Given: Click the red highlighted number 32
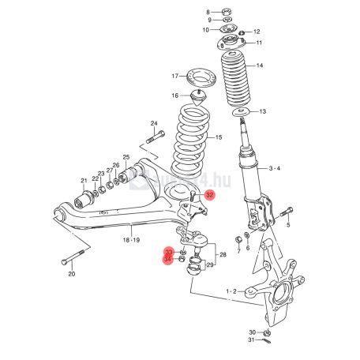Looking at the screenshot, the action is pos(210,195).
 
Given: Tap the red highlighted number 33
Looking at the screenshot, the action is pos(168,253).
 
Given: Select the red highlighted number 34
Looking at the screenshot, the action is pos(167,260).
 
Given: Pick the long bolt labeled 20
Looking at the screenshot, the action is pos(73,257).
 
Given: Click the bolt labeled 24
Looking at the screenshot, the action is pos(156,137).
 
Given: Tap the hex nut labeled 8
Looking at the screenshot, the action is pos(227,12).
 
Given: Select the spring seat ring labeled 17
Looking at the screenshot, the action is pos(201,78).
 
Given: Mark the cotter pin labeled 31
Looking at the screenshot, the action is pos(266,340).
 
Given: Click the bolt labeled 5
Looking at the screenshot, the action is pos(287,212).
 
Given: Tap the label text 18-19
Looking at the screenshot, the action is pos(131,240).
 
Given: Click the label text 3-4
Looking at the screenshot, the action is pos(274,168).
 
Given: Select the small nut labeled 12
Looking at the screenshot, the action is pos(242,33).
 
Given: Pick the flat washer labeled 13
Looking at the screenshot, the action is pos(241,112).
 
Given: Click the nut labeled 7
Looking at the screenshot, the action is pos(238,240).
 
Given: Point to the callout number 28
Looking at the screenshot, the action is pos(223,255).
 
